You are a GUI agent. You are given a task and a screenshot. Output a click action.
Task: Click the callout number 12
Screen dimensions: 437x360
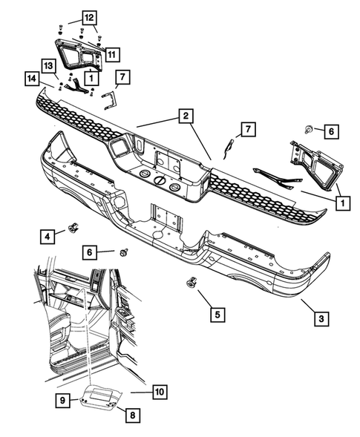(88, 17)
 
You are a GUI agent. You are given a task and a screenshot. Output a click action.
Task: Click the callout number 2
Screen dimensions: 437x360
(183, 116)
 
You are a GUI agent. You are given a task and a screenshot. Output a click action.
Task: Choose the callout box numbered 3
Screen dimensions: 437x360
(320, 319)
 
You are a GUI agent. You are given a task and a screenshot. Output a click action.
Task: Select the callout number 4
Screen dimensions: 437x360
(47, 237)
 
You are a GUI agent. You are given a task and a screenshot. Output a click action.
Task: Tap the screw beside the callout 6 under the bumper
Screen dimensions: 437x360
(123, 253)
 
